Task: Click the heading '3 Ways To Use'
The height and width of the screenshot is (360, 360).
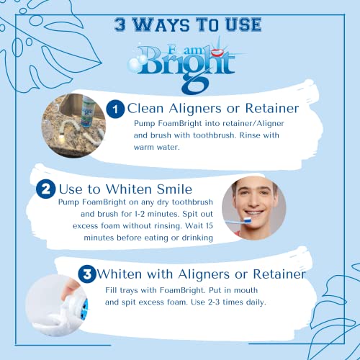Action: (x=186, y=24)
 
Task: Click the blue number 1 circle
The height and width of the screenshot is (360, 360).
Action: (x=115, y=109)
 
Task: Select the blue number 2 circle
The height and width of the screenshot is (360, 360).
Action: (x=45, y=189)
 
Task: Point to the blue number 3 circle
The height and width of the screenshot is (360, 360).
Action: (x=87, y=274)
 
